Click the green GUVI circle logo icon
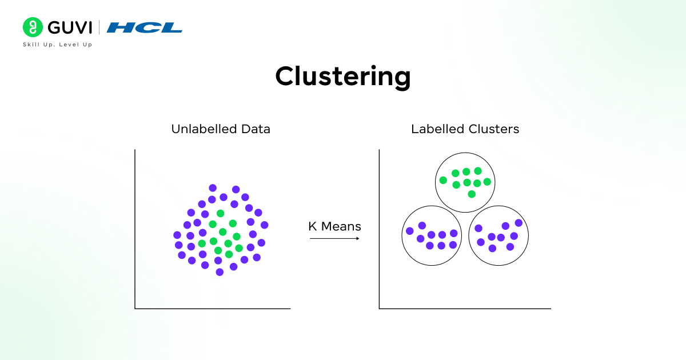click(33, 27)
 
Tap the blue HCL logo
click(145, 27)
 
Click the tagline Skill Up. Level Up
click(57, 45)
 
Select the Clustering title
click(342, 77)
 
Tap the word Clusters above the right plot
click(492, 129)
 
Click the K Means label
click(334, 226)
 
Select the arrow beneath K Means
click(334, 238)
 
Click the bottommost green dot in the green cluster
click(472, 194)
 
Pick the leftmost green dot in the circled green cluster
click(443, 180)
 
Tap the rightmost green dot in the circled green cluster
click(487, 182)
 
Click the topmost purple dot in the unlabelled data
click(213, 187)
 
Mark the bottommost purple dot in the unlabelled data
click(220, 272)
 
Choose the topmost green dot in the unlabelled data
click(220, 213)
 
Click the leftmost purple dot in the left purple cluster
click(409, 231)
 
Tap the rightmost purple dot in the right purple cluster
click(519, 223)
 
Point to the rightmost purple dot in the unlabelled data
click(264, 225)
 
